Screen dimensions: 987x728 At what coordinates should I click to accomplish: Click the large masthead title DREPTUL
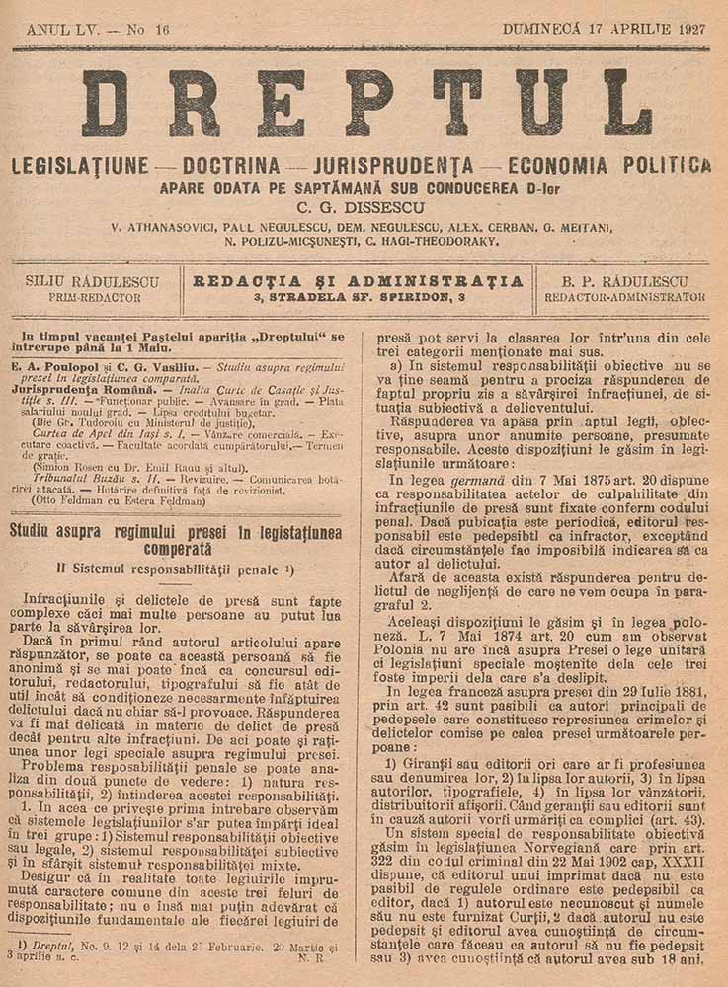pos(365,103)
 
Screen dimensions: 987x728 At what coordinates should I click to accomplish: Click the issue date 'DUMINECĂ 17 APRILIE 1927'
pos(604,30)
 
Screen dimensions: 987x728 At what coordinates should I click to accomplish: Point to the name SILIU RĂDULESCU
pos(95,280)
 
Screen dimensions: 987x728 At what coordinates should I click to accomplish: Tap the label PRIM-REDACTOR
pos(95,296)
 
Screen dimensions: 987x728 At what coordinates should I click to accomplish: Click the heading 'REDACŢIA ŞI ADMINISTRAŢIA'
pos(359,280)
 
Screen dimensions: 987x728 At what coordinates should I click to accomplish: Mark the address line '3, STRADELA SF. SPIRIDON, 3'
pos(359,296)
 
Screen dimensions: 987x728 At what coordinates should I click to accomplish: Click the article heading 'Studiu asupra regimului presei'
pos(176,538)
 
